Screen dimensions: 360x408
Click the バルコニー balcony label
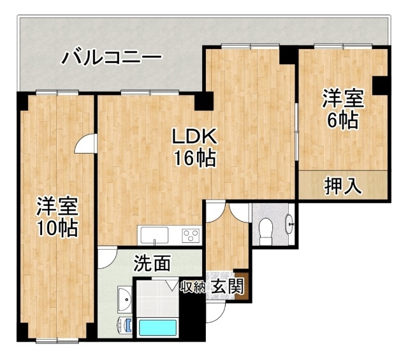click(111, 59)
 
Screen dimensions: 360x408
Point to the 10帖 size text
click(57, 227)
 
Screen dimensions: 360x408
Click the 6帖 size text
click(342, 120)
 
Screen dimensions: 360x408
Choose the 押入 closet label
click(344, 187)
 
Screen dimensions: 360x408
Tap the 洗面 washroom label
click(152, 263)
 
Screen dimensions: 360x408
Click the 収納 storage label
click(193, 287)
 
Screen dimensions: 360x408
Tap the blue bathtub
click(157, 329)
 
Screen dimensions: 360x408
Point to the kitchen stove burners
click(191, 235)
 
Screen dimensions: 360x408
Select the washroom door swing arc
click(107, 257)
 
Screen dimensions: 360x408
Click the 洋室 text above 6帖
click(342, 99)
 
